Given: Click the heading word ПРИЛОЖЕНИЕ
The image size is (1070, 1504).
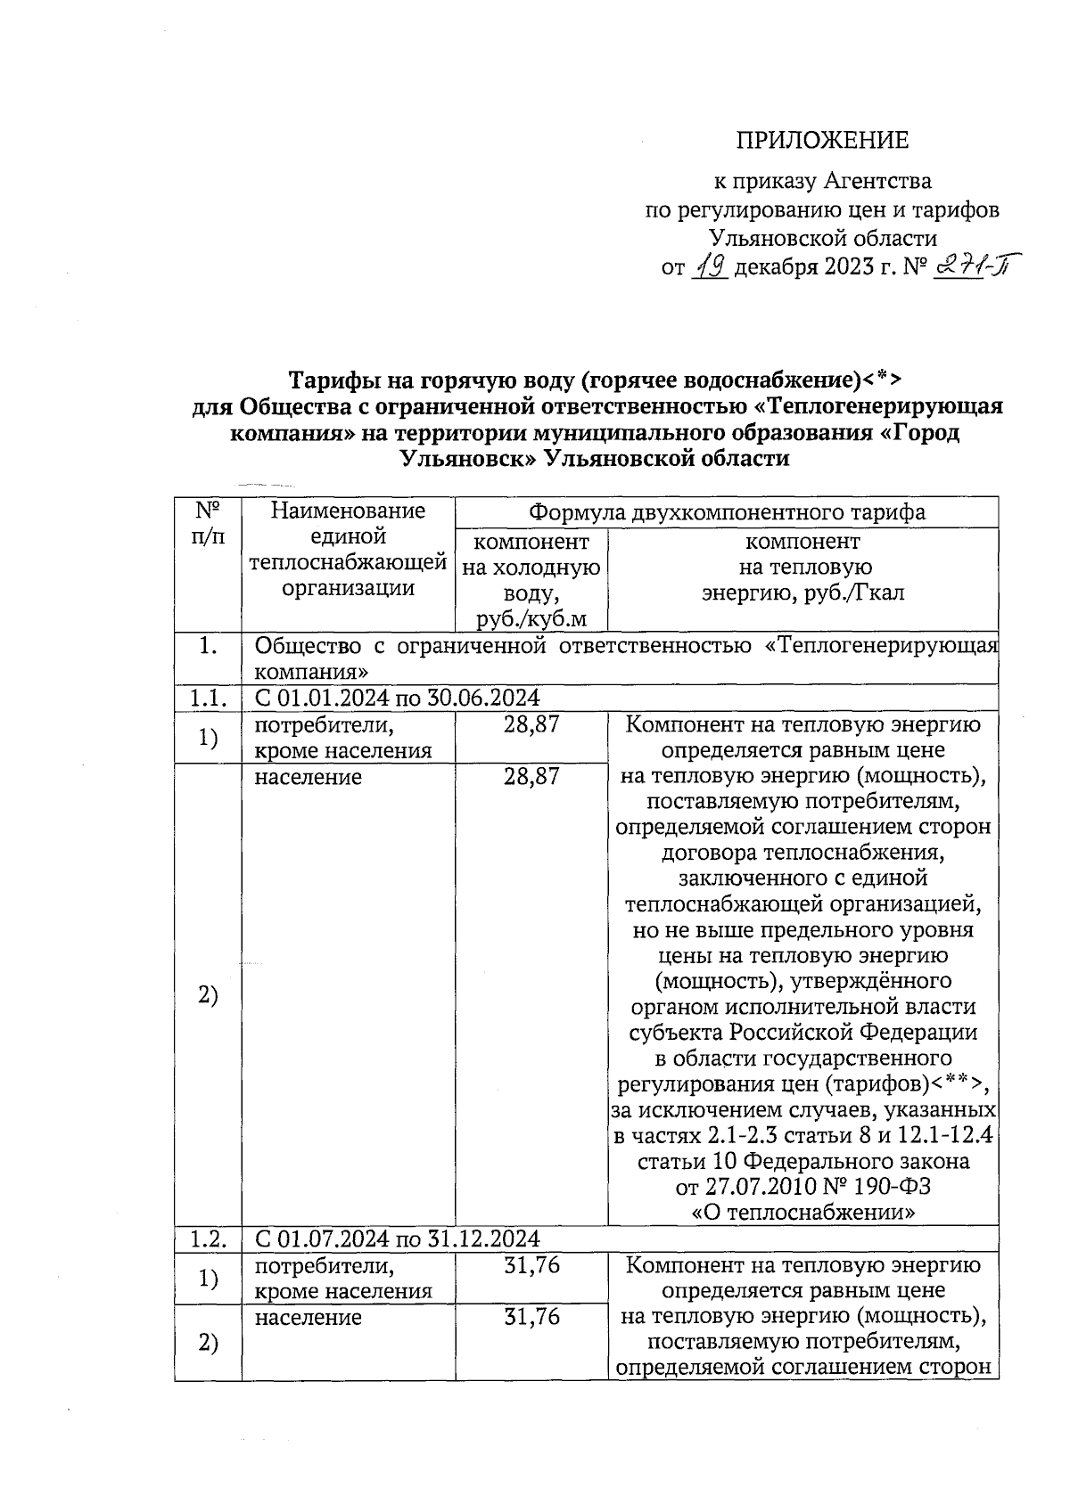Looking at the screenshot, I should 821,141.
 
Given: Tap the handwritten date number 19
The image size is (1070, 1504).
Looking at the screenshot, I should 712,266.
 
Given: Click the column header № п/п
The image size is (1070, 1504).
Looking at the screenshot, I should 208,523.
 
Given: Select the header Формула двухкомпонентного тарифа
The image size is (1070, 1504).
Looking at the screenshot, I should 727,512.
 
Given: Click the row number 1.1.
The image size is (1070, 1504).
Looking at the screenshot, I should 208,698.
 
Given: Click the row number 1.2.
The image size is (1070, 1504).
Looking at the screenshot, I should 208,1238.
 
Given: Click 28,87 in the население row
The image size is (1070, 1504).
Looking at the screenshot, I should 531,777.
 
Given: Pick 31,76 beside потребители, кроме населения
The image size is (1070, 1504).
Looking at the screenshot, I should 531,1265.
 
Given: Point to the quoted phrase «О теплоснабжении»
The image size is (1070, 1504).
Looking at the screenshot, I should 803,1213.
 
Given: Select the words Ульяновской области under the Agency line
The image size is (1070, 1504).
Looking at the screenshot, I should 822,238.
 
